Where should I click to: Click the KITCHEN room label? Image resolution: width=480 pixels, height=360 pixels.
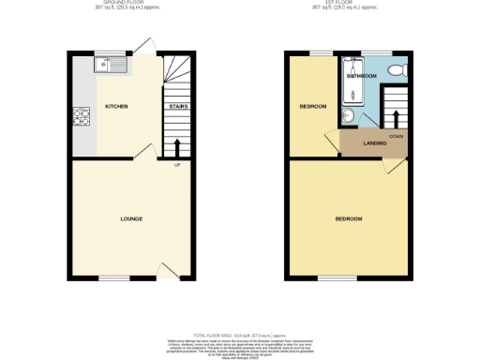pyautogui.click(x=116, y=107)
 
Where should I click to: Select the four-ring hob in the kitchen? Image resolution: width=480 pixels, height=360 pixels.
pyautogui.click(x=79, y=118)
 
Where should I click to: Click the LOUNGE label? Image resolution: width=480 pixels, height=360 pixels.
pyautogui.click(x=131, y=218)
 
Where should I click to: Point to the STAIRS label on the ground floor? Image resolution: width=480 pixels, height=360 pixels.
pyautogui.click(x=177, y=107)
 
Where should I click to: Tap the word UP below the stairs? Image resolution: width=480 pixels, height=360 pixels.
pyautogui.click(x=176, y=167)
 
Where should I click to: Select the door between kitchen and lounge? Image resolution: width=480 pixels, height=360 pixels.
pyautogui.click(x=142, y=152)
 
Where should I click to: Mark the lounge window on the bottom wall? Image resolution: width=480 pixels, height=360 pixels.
pyautogui.click(x=114, y=278)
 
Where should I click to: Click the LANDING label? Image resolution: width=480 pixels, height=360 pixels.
pyautogui.click(x=375, y=143)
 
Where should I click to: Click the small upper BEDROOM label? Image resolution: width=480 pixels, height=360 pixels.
pyautogui.click(x=312, y=107)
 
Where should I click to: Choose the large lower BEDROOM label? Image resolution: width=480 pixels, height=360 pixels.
pyautogui.click(x=349, y=218)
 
